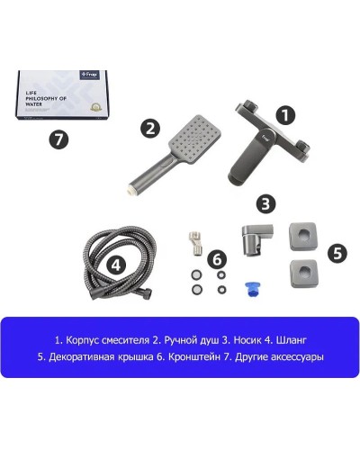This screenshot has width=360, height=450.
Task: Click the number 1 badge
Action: pyautogui.click(x=285, y=115)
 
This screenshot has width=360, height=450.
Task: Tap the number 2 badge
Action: pyautogui.click(x=150, y=128)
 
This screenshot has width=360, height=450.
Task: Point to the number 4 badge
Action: pyautogui.click(x=116, y=265)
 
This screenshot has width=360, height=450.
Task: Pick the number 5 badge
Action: pyautogui.click(x=337, y=253)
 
